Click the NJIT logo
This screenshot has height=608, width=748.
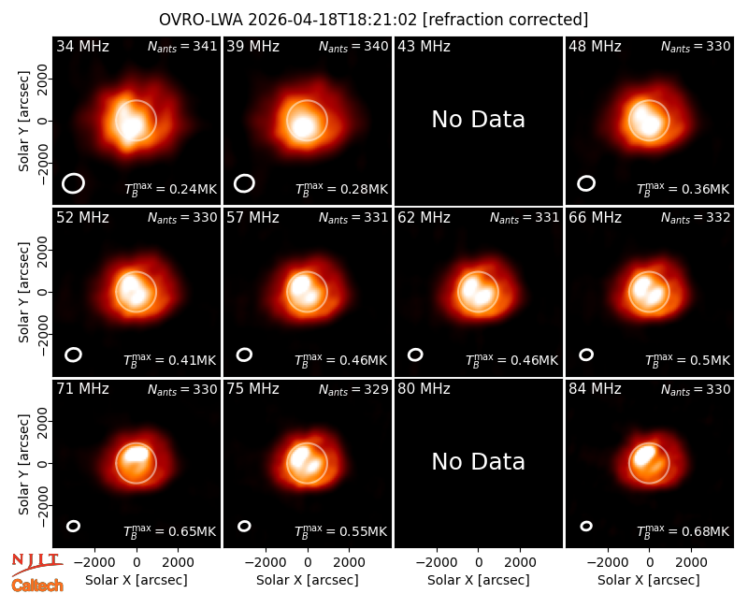pyautogui.click(x=36, y=563)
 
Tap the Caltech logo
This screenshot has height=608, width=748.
pyautogui.click(x=37, y=586)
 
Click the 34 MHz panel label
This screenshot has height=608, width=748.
pyautogui.click(x=82, y=46)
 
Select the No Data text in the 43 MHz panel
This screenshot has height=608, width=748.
pyautogui.click(x=478, y=120)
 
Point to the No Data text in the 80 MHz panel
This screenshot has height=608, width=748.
pyautogui.click(x=478, y=461)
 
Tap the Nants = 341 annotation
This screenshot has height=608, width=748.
pyautogui.click(x=182, y=46)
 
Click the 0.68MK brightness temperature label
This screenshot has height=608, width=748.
pyautogui.click(x=683, y=530)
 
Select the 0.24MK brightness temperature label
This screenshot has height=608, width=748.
pyautogui.click(x=170, y=189)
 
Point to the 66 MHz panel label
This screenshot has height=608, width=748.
pyautogui.click(x=595, y=218)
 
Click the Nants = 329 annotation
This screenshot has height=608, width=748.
pyautogui.click(x=353, y=389)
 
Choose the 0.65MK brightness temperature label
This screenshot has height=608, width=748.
pyautogui.click(x=170, y=530)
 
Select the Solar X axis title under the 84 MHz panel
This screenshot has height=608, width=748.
pyautogui.click(x=649, y=580)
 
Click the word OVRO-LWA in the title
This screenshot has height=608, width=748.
pyautogui.click(x=201, y=20)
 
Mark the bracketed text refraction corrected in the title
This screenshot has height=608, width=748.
pyautogui.click(x=506, y=20)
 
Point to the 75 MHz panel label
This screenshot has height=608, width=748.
pyautogui.click(x=252, y=389)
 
